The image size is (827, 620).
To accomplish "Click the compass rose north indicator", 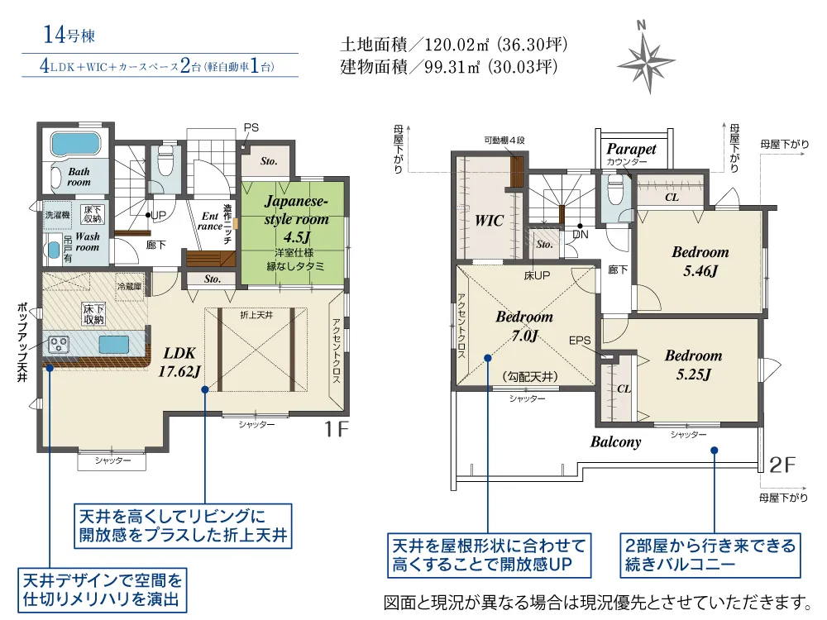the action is (648, 58).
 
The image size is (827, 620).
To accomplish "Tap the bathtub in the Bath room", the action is (75, 144).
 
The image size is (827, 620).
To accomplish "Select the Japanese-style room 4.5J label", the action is (296, 219).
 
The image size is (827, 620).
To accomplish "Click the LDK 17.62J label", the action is (179, 362).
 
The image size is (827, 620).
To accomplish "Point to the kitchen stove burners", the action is (58, 345).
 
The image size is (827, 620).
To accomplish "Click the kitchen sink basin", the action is (113, 345).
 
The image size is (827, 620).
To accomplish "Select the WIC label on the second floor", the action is (489, 221).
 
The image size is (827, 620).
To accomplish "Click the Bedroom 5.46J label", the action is (700, 261).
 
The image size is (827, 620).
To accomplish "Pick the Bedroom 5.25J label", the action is (693, 365).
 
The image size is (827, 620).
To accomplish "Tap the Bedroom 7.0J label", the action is (524, 326).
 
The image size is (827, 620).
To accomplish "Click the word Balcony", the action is (615, 441).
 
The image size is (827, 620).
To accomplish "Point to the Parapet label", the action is (631, 149).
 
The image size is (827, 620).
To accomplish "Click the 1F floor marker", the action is (336, 429).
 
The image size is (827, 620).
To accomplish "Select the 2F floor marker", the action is (782, 465).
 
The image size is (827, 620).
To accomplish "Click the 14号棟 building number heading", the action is (69, 35).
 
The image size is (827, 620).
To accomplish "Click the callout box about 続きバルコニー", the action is (710, 556).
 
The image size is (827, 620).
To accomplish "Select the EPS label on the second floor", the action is (580, 341).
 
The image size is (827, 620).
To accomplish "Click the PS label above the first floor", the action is (251, 127).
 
